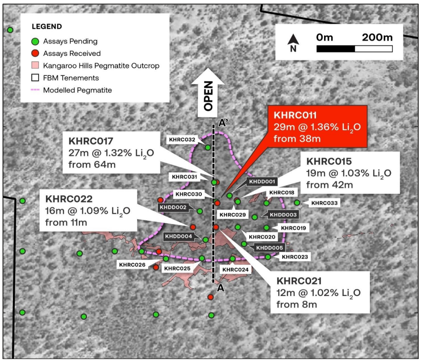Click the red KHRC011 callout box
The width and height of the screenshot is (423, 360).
[x=317, y=127]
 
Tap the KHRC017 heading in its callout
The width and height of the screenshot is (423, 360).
[x=91, y=141]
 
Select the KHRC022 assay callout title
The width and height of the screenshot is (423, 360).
[x=69, y=199]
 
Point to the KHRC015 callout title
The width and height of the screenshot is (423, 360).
[x=329, y=161]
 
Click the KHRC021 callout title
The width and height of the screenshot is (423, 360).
[x=299, y=281]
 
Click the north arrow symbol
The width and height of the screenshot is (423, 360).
[x=293, y=42]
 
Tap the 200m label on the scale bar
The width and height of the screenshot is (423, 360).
[x=377, y=37]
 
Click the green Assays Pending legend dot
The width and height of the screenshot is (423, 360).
[x=35, y=42]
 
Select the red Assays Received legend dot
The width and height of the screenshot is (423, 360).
[x=35, y=53]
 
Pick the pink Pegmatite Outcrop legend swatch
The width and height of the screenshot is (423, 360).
[x=35, y=65]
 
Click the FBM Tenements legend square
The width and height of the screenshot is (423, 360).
[x=35, y=78]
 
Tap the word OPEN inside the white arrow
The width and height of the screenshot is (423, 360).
[x=208, y=96]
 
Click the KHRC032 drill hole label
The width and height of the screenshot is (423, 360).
[x=182, y=139]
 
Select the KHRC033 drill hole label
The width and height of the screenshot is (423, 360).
[x=325, y=203]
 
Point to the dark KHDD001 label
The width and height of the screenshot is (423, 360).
[x=262, y=181]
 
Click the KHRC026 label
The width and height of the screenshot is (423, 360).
[x=132, y=265]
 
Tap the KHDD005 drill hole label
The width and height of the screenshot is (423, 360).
[x=270, y=248]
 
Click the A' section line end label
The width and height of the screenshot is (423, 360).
[x=223, y=123]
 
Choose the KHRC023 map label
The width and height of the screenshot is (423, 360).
[x=295, y=257]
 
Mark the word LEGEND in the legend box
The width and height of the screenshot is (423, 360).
[x=47, y=26]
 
